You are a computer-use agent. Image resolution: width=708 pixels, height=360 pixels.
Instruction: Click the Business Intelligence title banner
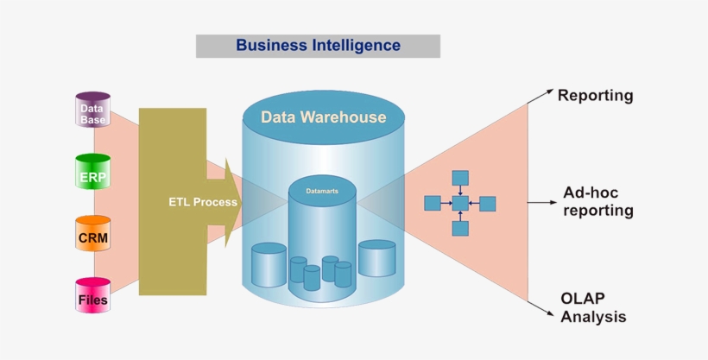[318, 46]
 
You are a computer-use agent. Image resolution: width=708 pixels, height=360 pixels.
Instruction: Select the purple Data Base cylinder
[92, 111]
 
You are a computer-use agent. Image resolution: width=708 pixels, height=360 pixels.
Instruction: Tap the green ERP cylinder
[92, 172]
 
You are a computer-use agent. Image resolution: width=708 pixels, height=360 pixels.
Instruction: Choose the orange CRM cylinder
[92, 234]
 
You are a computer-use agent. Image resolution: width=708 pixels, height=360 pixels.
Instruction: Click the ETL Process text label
[202, 202]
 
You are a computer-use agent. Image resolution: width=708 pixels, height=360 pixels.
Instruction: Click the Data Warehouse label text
[323, 117]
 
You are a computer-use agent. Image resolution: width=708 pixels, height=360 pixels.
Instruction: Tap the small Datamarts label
[323, 189]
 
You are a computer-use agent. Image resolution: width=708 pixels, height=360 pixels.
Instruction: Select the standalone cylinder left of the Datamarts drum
[269, 264]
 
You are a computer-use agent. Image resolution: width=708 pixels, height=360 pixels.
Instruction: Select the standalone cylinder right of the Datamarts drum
[376, 258]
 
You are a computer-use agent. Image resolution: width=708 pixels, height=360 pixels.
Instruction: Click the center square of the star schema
[460, 204]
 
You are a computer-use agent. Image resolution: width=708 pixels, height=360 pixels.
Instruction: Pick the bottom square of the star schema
[460, 229]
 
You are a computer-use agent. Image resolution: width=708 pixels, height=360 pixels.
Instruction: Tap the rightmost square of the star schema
[488, 204]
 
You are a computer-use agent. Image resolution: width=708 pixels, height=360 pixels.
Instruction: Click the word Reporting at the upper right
[595, 96]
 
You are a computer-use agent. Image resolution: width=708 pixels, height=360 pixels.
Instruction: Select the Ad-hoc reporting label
[597, 202]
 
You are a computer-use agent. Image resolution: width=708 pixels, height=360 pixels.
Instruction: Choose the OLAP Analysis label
[593, 307]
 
